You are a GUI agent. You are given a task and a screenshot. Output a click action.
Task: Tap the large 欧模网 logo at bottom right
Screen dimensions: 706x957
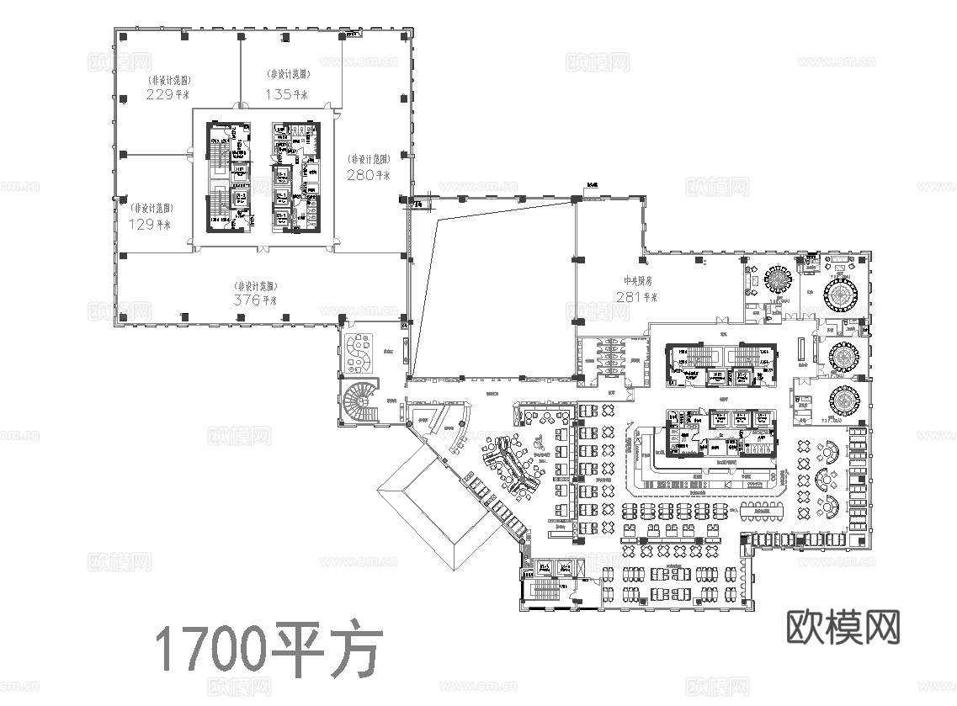843,627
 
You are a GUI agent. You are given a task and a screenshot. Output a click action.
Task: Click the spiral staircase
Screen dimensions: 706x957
359,402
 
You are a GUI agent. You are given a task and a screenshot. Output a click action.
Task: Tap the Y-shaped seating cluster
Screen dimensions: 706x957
515,465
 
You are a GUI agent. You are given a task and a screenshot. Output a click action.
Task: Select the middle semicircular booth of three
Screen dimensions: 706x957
826,480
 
